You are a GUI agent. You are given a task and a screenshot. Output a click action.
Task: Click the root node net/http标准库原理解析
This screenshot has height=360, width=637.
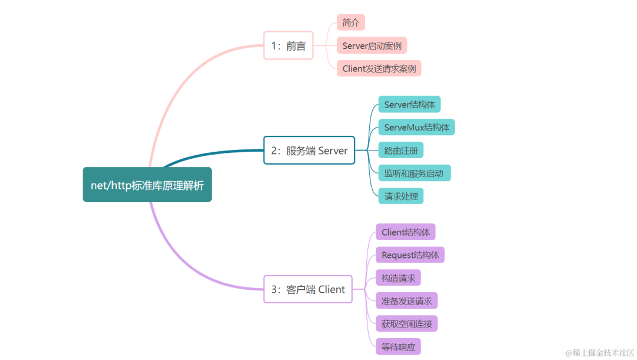point(147,185)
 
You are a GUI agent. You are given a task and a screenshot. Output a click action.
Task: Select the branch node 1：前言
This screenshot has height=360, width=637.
point(288,46)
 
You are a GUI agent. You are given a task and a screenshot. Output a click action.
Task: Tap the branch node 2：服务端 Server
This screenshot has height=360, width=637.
point(309,150)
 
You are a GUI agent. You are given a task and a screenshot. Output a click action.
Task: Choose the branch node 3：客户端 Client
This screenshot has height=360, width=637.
point(307,289)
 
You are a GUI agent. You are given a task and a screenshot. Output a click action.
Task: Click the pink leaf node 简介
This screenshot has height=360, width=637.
point(351,23)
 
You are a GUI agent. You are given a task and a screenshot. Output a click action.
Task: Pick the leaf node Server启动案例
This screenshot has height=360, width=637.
point(372,45)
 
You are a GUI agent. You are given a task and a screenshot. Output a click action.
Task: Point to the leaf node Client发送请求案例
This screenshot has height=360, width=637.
point(379,68)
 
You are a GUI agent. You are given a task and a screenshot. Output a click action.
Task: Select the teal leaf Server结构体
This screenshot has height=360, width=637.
point(409,105)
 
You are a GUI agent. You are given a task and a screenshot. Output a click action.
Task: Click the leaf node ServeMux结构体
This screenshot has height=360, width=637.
point(416,127)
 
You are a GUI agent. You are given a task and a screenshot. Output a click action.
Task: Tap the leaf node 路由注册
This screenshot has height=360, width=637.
point(400,150)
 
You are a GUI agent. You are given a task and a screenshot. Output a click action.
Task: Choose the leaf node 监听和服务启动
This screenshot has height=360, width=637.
point(414,174)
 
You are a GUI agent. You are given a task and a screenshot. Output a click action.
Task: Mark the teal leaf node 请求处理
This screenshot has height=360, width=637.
point(400,196)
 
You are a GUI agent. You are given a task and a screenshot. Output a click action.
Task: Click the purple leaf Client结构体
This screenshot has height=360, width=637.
point(405,232)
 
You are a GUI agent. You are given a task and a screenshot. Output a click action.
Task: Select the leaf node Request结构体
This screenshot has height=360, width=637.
point(410,255)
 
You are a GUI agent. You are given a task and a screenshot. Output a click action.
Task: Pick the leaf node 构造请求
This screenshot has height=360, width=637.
point(398,278)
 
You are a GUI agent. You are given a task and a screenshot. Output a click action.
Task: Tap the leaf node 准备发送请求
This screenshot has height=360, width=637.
point(406,301)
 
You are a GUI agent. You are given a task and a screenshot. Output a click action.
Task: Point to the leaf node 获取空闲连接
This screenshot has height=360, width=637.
point(406,323)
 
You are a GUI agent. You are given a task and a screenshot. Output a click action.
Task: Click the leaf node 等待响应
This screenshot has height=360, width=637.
point(398,346)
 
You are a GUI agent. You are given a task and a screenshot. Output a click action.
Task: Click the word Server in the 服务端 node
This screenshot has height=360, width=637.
point(333,150)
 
